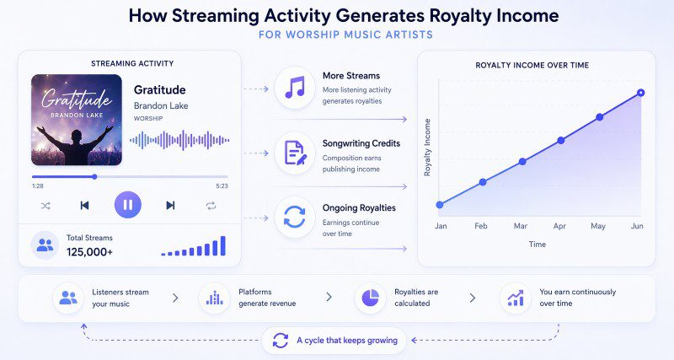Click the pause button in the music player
click(x=127, y=205)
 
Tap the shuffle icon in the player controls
click(x=45, y=205)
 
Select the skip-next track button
click(x=170, y=205)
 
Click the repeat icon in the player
click(x=211, y=205)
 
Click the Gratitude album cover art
click(x=76, y=120)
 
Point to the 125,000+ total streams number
click(x=89, y=251)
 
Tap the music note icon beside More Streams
click(x=295, y=87)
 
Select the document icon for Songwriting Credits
click(x=295, y=153)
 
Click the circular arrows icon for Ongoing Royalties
click(x=295, y=218)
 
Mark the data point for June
click(x=640, y=93)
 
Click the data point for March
click(x=522, y=160)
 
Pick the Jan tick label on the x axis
click(x=441, y=227)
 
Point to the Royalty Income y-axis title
click(x=427, y=147)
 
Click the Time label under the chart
click(x=538, y=244)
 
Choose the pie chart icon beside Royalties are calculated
click(x=369, y=297)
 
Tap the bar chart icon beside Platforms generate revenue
click(x=214, y=297)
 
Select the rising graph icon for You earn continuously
click(x=515, y=297)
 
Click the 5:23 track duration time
click(x=222, y=185)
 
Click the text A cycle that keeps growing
click(x=346, y=341)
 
